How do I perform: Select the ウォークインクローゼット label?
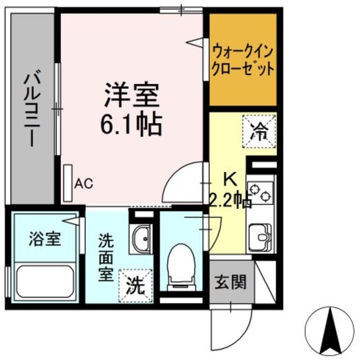(x=243, y=61)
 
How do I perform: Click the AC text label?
(x=83, y=183)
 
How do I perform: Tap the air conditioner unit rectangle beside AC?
(x=68, y=183)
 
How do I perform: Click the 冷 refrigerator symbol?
(x=259, y=130)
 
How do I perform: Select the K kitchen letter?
(x=230, y=179)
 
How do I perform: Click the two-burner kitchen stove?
(x=260, y=192)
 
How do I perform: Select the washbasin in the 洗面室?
(x=142, y=238)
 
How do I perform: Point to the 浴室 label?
(x=45, y=238)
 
